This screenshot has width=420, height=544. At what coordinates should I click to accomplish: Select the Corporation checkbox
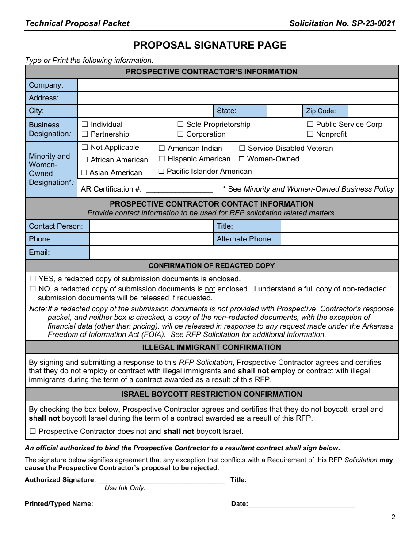(180, 134)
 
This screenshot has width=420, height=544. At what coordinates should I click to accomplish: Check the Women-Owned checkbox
(242, 159)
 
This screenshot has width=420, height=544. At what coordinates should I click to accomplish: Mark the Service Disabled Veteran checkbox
(242, 148)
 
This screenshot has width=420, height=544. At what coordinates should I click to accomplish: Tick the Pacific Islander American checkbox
(161, 171)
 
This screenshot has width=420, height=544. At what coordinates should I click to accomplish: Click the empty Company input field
(237, 85)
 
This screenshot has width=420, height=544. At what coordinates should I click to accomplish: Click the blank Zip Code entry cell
(373, 111)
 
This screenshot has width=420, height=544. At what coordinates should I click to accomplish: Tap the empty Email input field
(243, 252)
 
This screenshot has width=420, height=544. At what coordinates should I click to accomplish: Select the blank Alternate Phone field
(339, 239)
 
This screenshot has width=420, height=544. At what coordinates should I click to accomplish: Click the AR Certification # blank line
(179, 189)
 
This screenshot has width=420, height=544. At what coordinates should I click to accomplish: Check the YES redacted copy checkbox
(33, 279)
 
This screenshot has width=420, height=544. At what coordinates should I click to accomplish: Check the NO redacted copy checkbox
(33, 289)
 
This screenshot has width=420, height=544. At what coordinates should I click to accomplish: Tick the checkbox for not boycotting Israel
(33, 431)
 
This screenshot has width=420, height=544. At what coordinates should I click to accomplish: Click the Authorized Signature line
(161, 480)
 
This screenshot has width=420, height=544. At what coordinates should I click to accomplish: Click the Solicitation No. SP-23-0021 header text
(342, 23)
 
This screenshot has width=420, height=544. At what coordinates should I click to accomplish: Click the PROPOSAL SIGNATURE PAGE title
(210, 45)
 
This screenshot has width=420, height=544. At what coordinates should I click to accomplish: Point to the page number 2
(393, 517)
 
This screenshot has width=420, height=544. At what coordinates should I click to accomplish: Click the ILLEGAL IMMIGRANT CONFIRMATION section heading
(211, 347)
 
